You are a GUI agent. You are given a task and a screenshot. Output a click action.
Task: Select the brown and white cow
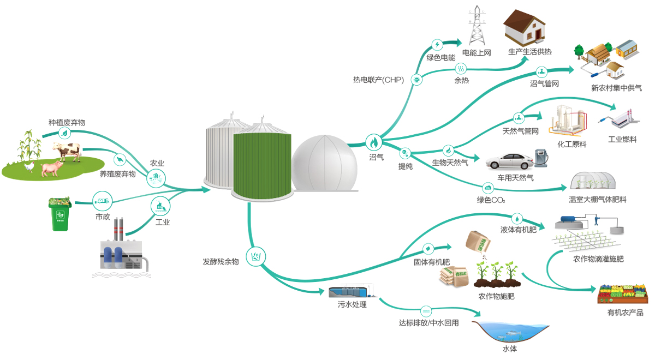point(67,151)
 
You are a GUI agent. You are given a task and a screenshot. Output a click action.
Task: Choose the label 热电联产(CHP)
point(378,80)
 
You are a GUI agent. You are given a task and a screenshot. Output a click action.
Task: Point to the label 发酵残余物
point(221,262)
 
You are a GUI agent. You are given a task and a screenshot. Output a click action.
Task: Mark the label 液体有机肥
point(519,230)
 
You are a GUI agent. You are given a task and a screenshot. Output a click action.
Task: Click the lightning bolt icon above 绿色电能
point(437,45)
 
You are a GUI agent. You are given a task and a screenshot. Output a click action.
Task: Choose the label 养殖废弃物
point(117,174)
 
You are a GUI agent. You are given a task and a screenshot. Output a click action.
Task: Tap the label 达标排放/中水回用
point(428,323)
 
